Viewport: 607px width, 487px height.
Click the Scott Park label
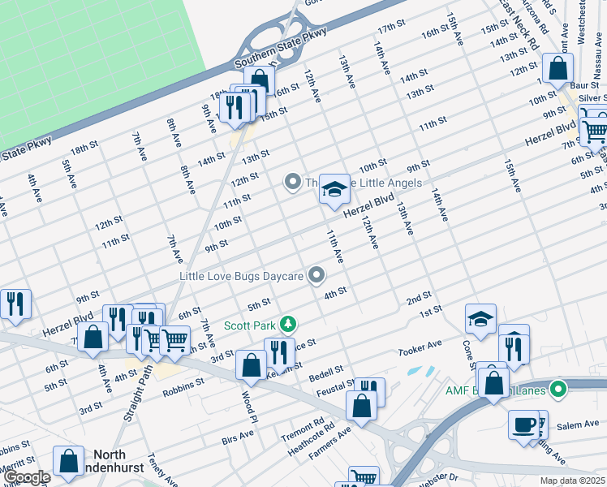pyautogui.click(x=251, y=325)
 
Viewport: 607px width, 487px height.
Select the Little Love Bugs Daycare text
pyautogui.click(x=242, y=277)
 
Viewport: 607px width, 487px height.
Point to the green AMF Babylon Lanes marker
pyautogui.click(x=557, y=390)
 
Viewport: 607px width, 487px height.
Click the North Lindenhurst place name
pyautogui.click(x=121, y=462)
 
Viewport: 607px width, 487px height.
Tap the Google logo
pyautogui.click(x=27, y=478)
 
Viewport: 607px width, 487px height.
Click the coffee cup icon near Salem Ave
pyautogui.click(x=523, y=425)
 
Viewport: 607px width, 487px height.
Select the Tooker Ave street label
pyautogui.click(x=420, y=349)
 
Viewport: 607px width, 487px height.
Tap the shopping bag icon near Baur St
pyautogui.click(x=558, y=70)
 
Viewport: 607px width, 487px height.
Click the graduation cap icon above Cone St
pyautogui.click(x=481, y=319)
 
